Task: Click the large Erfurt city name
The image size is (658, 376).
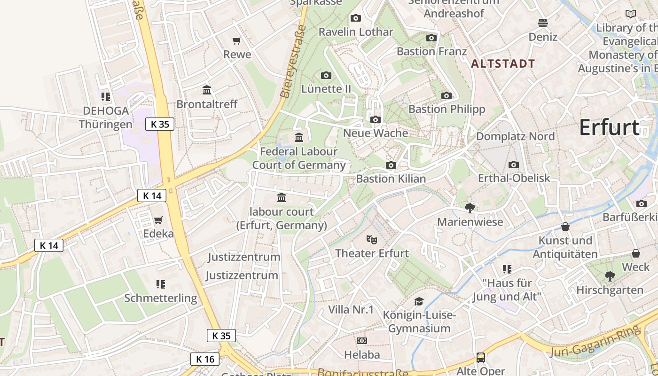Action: [609, 127]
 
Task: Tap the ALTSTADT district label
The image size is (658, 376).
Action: [503, 64]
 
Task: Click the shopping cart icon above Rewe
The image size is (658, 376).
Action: [237, 41]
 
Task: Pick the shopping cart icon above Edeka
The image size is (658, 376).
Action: [158, 220]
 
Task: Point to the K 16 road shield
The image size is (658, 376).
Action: [205, 359]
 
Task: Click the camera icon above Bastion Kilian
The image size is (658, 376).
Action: [391, 165]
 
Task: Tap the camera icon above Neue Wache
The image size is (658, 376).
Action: [375, 120]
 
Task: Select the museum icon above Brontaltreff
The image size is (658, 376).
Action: [207, 90]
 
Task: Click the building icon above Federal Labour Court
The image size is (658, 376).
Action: [299, 137]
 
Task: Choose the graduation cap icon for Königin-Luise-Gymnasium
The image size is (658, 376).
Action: [419, 301]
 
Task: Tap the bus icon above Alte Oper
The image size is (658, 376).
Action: [481, 358]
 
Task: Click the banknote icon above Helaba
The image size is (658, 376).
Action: [361, 341]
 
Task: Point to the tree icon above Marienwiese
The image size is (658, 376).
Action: [470, 208]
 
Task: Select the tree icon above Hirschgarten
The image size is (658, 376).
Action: [610, 276]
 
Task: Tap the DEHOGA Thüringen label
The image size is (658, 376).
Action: [105, 117]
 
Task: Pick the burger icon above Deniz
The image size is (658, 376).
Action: [543, 23]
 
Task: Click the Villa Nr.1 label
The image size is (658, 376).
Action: [351, 310]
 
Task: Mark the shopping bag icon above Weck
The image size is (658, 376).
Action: [636, 254]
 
